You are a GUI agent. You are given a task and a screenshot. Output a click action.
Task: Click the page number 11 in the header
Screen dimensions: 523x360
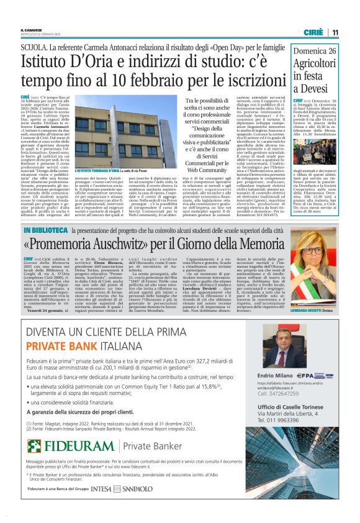335,32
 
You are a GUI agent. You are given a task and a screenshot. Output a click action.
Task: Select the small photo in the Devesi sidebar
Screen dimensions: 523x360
314,149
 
